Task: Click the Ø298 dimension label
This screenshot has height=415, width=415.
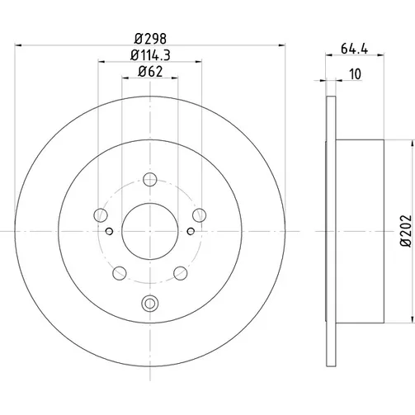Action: click(x=150, y=39)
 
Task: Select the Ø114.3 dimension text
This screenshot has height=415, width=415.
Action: click(x=150, y=55)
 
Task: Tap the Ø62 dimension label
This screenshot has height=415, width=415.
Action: click(x=150, y=72)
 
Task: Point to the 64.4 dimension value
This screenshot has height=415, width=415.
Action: click(x=354, y=49)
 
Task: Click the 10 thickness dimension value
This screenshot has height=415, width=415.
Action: click(x=355, y=74)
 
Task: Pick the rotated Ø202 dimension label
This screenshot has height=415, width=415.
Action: click(x=405, y=231)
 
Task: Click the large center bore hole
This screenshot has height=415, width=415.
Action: click(x=150, y=231)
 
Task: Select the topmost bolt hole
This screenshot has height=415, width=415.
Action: click(x=150, y=179)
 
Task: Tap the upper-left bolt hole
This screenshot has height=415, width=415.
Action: click(x=101, y=215)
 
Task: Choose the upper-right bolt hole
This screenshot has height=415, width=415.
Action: click(x=200, y=215)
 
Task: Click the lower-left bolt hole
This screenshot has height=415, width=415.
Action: click(x=120, y=273)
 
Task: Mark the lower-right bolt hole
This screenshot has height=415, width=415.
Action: click(x=181, y=273)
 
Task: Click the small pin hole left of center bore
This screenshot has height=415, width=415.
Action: click(x=109, y=231)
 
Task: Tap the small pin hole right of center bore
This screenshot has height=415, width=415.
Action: click(x=191, y=231)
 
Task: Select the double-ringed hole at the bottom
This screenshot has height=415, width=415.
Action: click(x=150, y=304)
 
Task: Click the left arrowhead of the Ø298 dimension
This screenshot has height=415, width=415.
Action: click(x=18, y=45)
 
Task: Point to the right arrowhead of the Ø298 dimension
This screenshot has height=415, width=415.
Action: click(x=282, y=45)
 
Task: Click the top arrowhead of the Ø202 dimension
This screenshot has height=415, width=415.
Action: click(x=413, y=143)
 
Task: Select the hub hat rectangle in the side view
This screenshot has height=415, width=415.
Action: click(x=360, y=231)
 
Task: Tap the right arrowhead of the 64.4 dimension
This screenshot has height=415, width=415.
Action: click(x=380, y=55)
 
